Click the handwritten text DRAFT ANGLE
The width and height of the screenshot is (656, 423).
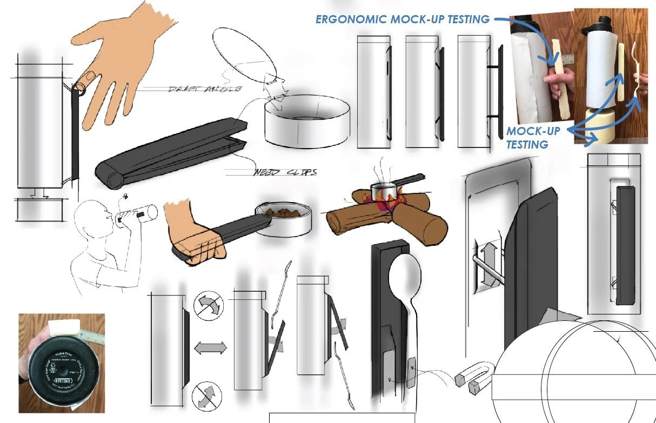tap(205, 89)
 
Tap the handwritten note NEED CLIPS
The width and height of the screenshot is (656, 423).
tap(285, 173)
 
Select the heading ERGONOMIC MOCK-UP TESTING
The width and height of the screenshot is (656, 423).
tap(403, 19)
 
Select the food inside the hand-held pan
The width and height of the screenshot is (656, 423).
tap(286, 212)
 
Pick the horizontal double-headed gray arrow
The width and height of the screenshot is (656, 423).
tap(210, 347)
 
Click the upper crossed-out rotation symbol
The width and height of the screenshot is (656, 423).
tap(207, 306)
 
